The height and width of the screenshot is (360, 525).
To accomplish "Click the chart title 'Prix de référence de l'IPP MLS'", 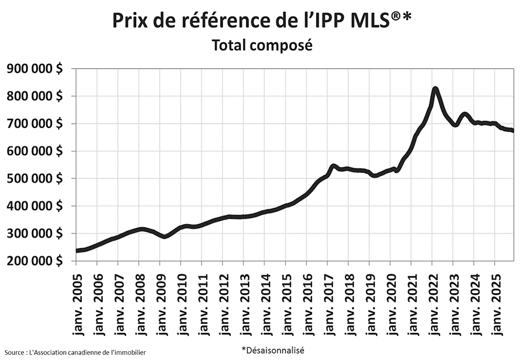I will (262, 20).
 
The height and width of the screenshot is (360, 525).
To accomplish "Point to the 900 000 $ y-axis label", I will (35, 69).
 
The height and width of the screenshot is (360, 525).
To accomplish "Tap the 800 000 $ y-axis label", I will (35, 96).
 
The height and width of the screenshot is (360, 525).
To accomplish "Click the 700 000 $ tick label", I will (35, 124).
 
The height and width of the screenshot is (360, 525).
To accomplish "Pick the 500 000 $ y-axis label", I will (35, 179).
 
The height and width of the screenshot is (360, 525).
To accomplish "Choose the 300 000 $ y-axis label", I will (35, 234).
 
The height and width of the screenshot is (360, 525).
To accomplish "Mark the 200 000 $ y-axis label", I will (35, 261).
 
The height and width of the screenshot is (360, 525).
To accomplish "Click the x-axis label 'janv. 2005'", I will (76, 302).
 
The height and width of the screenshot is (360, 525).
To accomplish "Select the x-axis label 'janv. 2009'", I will (160, 302).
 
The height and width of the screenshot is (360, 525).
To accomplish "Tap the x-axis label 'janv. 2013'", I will (244, 302).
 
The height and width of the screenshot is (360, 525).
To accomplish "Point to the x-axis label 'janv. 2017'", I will (327, 302).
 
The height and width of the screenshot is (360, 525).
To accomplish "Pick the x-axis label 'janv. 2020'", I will (390, 302).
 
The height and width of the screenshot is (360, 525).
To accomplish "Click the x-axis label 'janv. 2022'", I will (432, 302).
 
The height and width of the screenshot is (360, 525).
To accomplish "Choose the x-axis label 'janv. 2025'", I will (495, 302).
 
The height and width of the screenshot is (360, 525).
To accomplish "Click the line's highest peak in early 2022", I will (435, 89).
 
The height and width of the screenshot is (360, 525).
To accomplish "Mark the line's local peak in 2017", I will (333, 166).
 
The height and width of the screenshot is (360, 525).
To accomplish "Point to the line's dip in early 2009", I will (165, 236).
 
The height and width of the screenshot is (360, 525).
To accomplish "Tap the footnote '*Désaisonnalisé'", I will (272, 349).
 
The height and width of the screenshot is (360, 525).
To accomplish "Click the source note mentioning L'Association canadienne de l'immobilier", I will (75, 352).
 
